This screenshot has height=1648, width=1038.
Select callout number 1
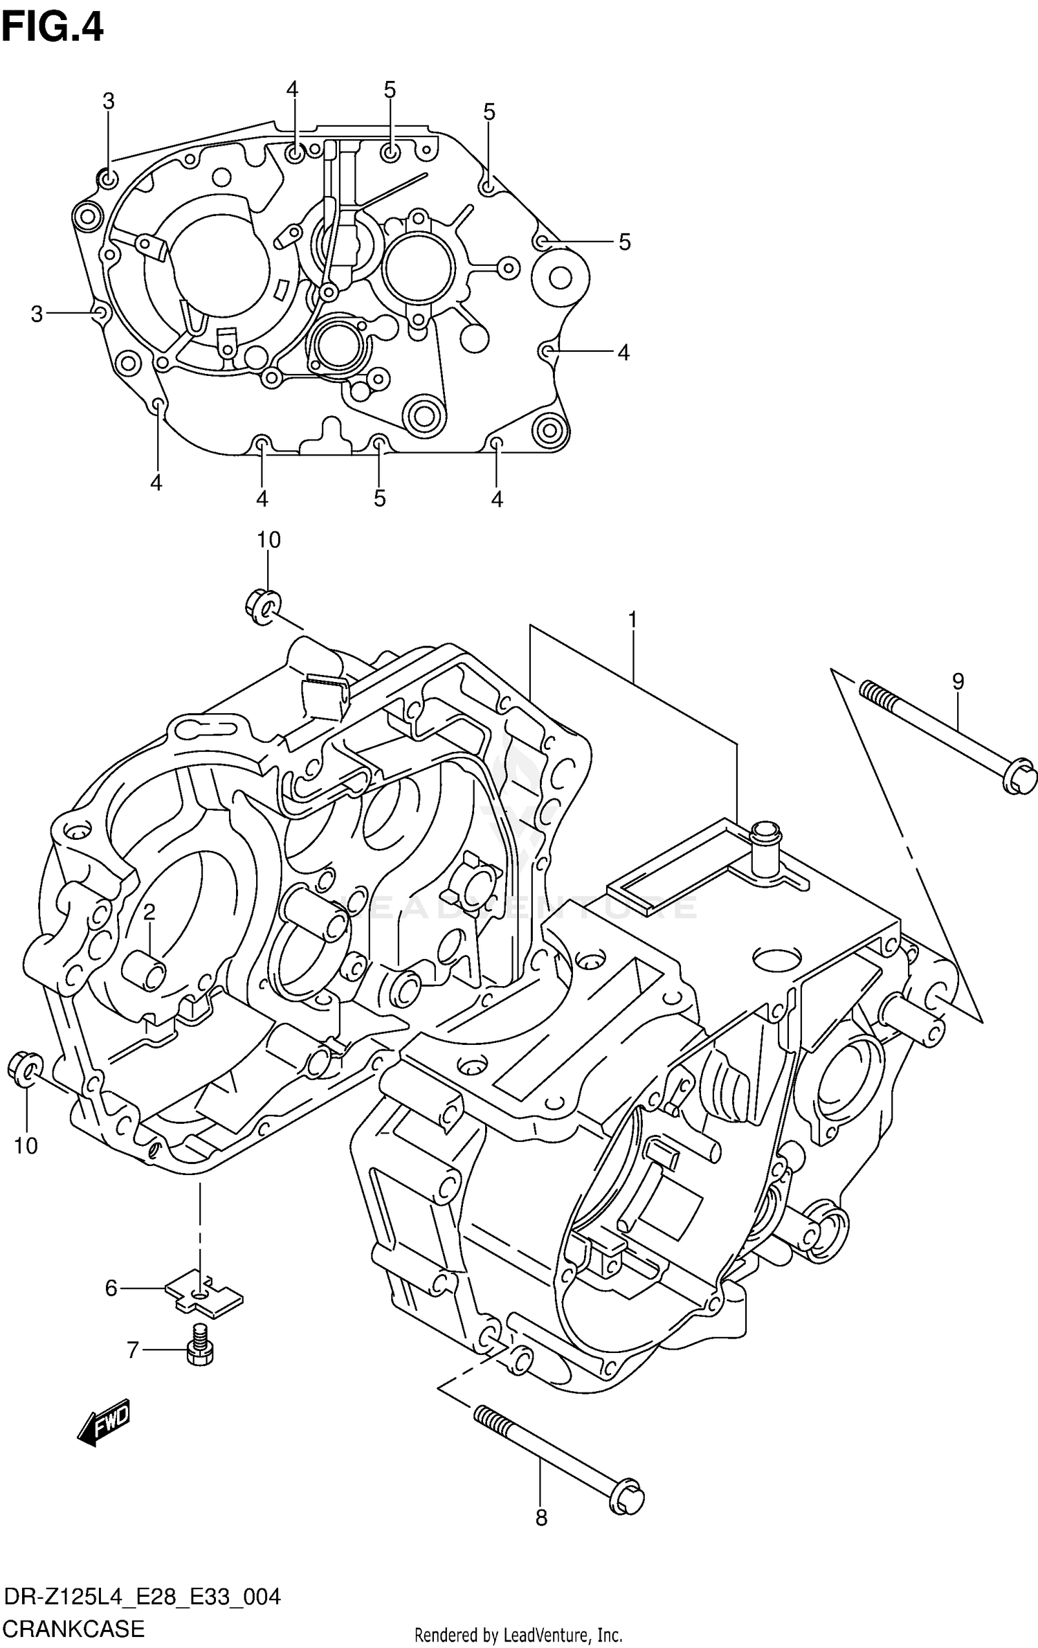pyautogui.click(x=632, y=620)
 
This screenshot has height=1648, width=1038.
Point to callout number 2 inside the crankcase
pyautogui.click(x=149, y=913)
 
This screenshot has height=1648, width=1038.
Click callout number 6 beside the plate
pyautogui.click(x=111, y=1288)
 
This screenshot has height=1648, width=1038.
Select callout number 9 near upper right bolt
pyautogui.click(x=958, y=682)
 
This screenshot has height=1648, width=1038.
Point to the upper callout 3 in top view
pyautogui.click(x=109, y=102)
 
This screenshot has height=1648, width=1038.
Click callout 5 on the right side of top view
pyautogui.click(x=624, y=242)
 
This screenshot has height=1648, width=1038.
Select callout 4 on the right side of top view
pyautogui.click(x=623, y=352)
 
